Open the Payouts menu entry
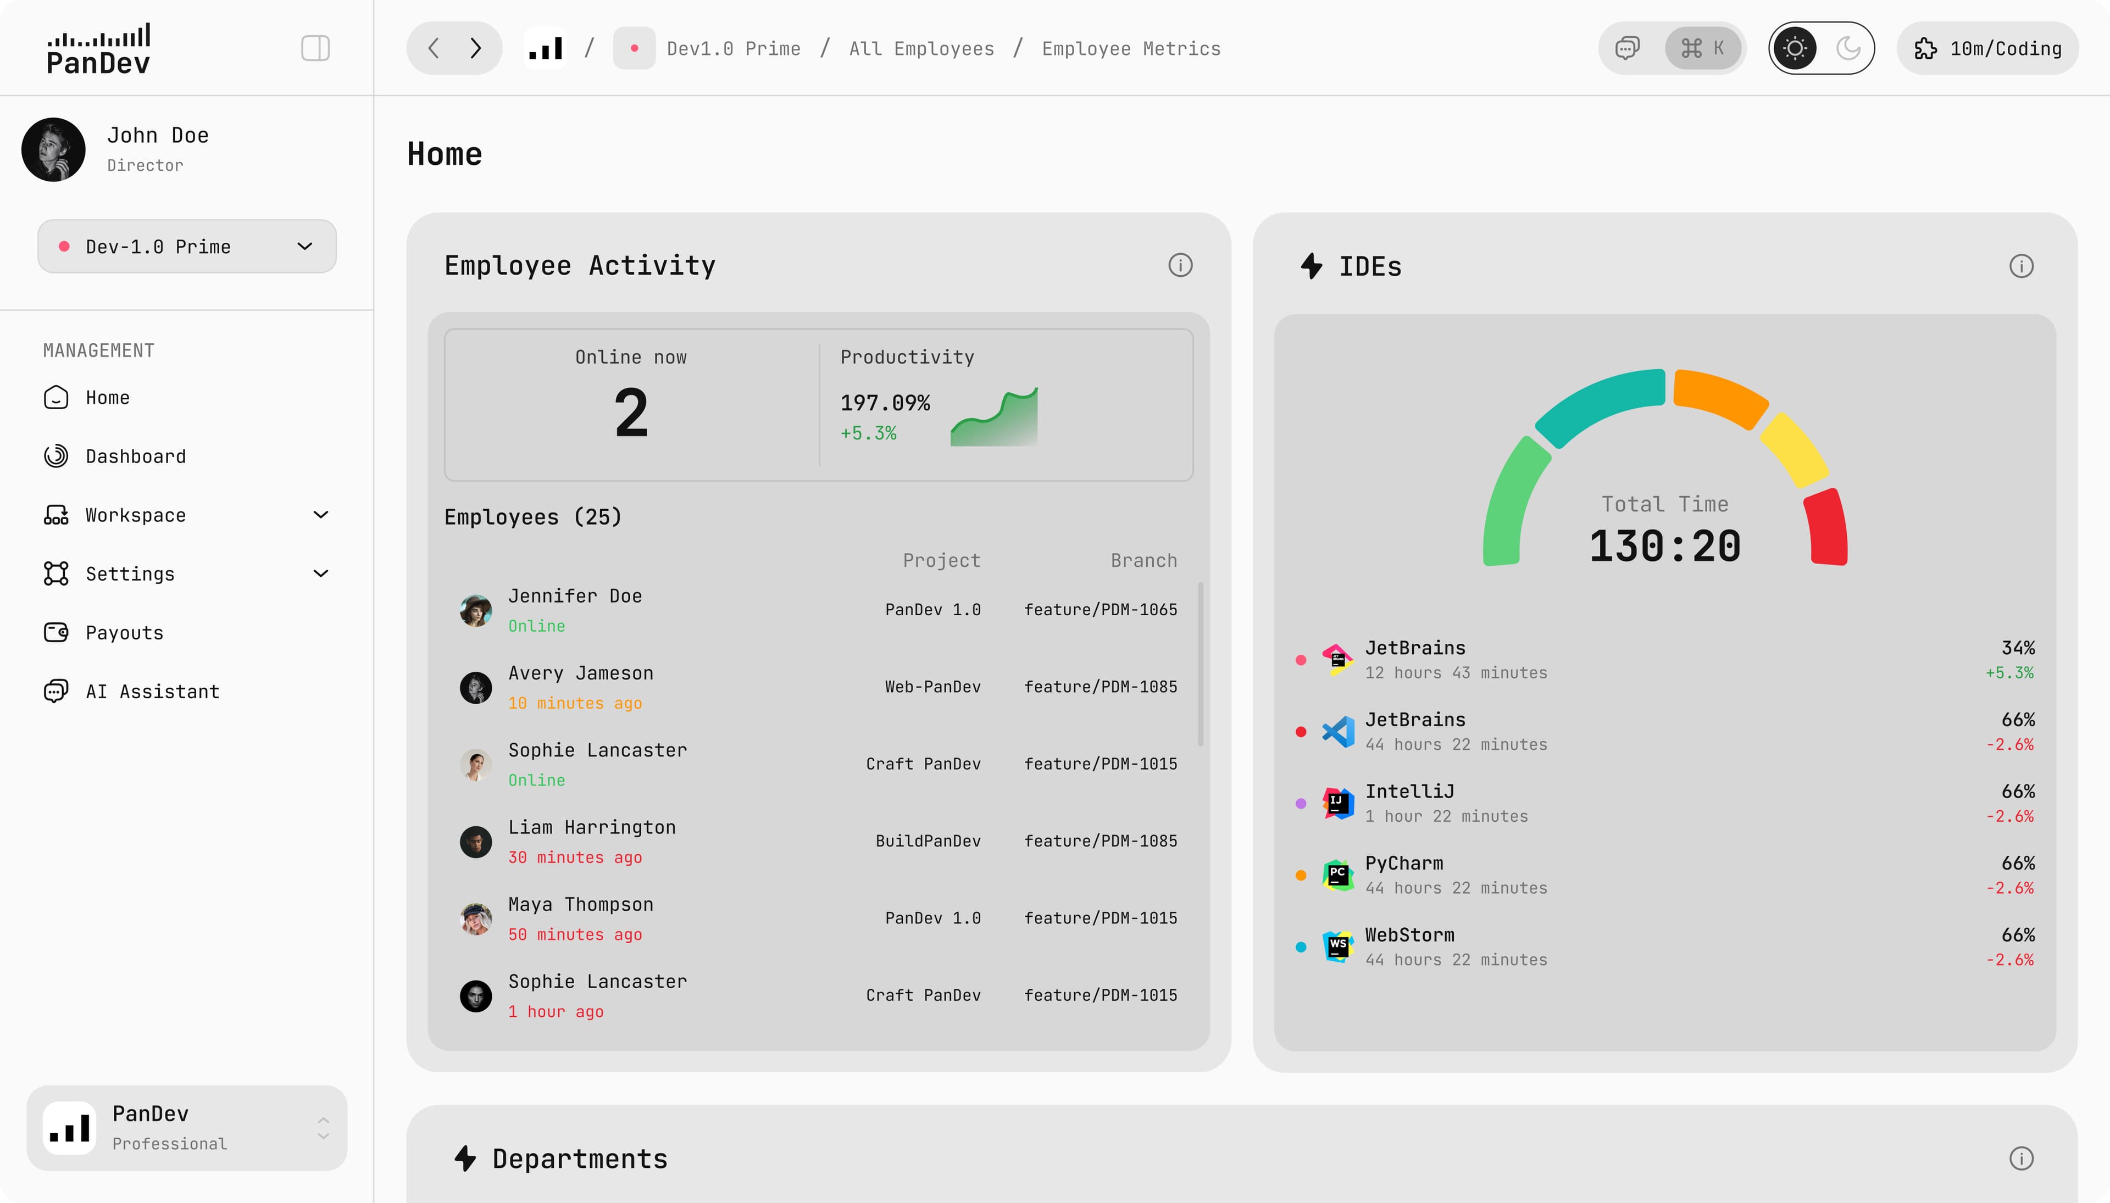click(x=124, y=632)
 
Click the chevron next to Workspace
click(x=321, y=515)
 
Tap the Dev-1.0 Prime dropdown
click(x=187, y=246)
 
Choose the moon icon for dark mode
click(x=1848, y=48)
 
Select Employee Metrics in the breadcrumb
click(x=1131, y=49)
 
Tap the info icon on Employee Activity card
click(x=1179, y=265)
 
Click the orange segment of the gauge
click(x=1720, y=396)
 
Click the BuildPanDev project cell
click(x=928, y=840)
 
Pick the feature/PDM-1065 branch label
click(x=1100, y=609)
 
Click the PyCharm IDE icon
click(x=1337, y=875)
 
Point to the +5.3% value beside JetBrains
click(x=2009, y=672)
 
